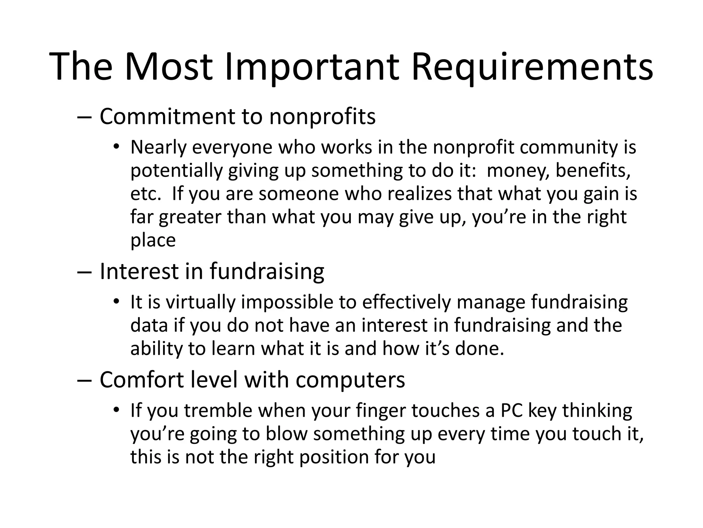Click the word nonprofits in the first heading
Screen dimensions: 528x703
tap(322, 117)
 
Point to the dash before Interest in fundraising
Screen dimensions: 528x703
tap(84, 272)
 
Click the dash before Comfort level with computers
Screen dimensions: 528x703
tap(84, 380)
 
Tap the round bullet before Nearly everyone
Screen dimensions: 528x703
tap(116, 147)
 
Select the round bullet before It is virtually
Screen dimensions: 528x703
tap(116, 302)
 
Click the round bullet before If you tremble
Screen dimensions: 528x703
tap(116, 410)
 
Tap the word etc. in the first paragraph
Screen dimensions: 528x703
tap(146, 194)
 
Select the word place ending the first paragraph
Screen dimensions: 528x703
tap(153, 240)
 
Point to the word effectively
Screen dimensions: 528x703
tap(406, 302)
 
